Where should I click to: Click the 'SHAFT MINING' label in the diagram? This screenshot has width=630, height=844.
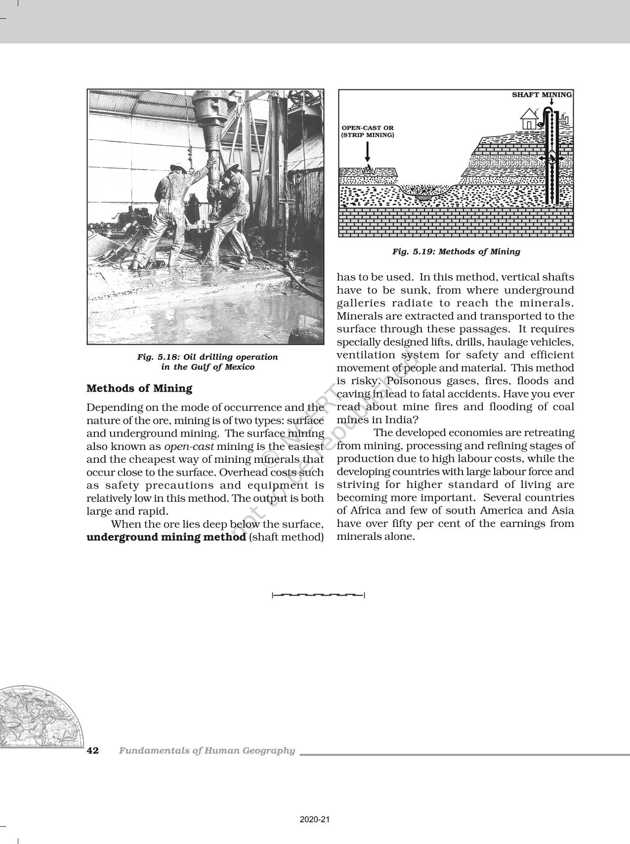(542, 95)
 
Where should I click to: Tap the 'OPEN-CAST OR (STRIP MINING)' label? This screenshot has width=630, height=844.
(368, 131)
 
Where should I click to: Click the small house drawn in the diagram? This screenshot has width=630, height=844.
(530, 119)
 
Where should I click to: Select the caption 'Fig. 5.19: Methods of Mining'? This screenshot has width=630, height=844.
(456, 252)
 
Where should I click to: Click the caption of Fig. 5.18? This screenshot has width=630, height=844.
(207, 362)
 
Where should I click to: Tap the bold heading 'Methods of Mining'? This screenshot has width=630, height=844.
(139, 389)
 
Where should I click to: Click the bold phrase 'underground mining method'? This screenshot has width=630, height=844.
(166, 537)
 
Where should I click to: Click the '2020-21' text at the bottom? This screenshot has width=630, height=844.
(314, 820)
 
